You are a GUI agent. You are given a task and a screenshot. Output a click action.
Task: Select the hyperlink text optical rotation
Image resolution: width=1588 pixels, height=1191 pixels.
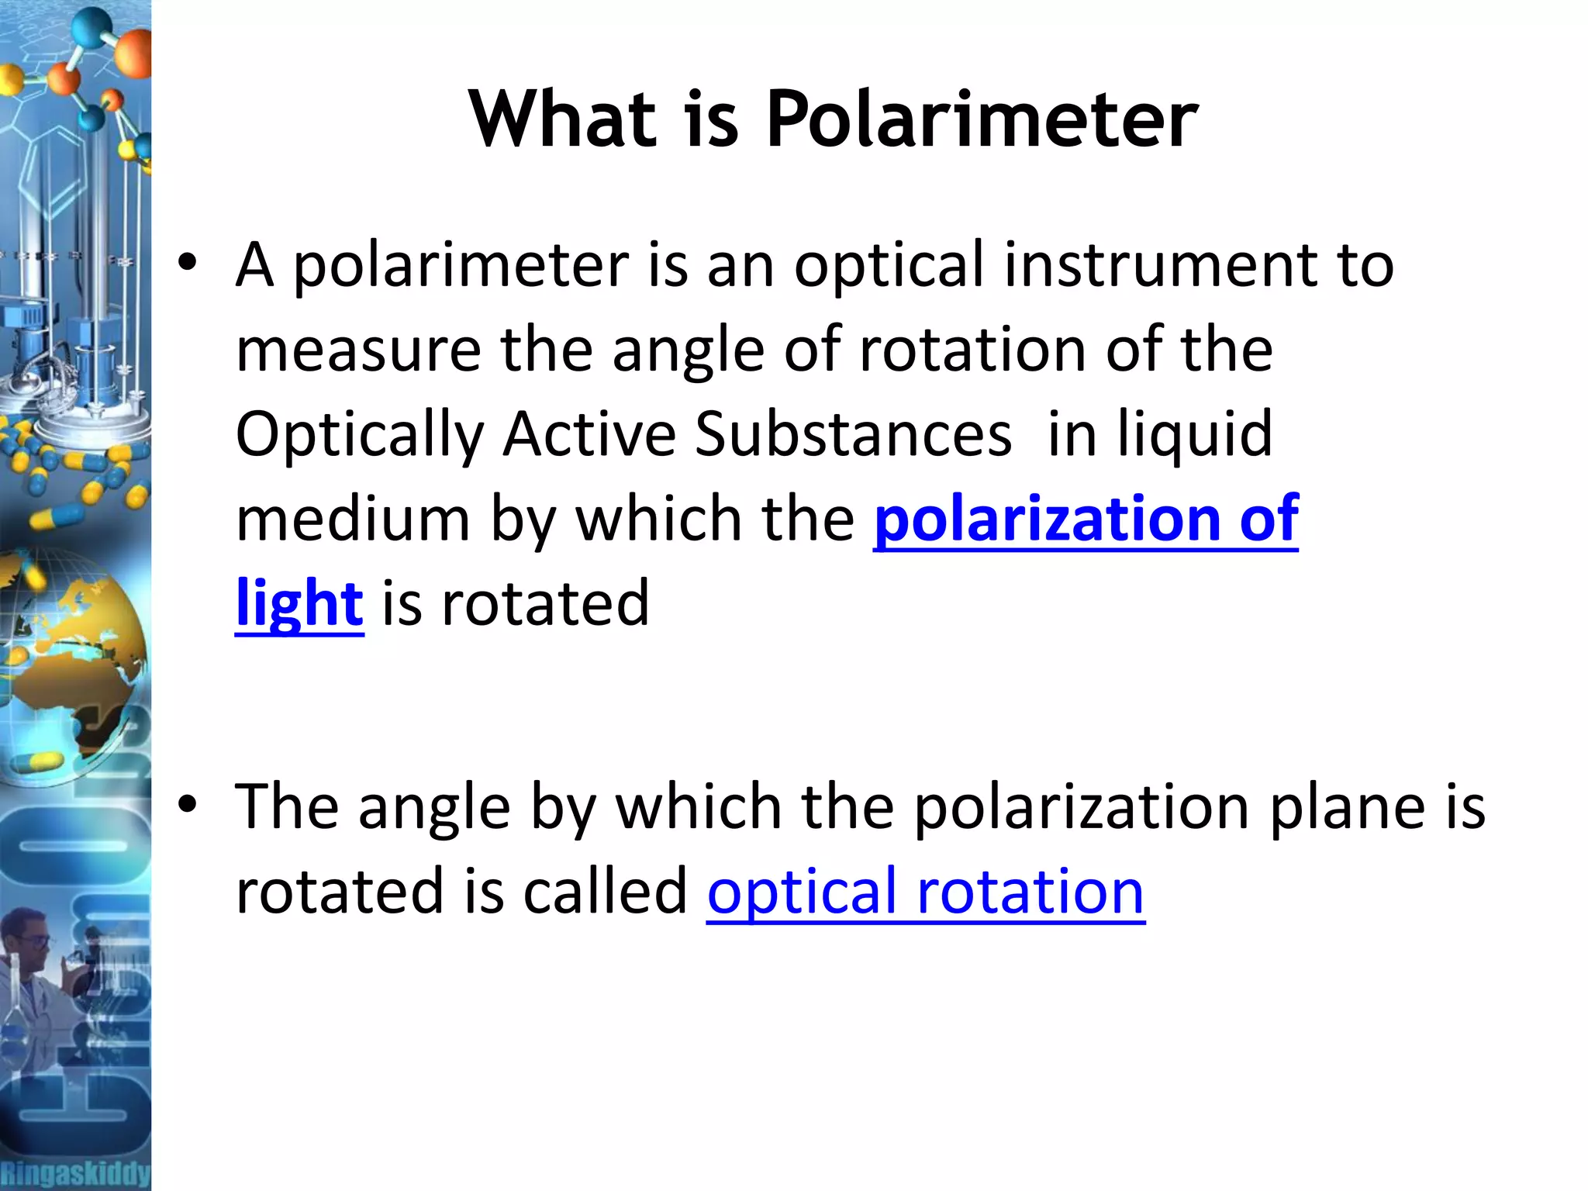[926, 892]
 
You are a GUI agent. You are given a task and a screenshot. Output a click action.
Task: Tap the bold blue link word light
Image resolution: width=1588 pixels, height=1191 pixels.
[299, 603]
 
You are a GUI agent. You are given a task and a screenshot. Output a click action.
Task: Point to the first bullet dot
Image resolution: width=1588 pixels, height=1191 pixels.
[188, 262]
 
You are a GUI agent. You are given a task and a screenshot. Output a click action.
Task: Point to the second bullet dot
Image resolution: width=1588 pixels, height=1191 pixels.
[188, 805]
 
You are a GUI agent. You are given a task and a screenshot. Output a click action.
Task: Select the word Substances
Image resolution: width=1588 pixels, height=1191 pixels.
[853, 433]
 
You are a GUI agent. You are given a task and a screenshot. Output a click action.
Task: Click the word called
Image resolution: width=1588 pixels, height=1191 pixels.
[605, 892]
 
